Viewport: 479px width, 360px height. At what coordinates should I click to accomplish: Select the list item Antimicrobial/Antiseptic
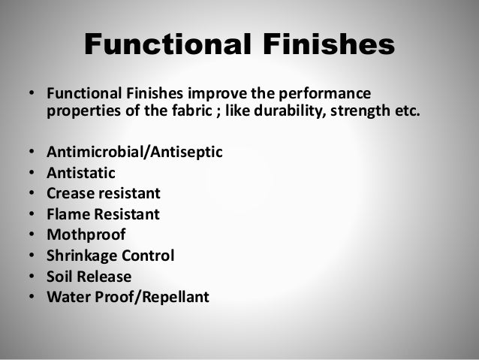[x=134, y=153]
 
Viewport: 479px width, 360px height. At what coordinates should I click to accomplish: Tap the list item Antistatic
[x=80, y=174]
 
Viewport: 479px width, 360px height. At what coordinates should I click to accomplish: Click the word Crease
[x=71, y=194]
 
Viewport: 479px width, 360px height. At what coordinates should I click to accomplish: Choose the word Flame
[x=69, y=214]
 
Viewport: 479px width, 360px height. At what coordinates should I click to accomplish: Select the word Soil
[x=60, y=276]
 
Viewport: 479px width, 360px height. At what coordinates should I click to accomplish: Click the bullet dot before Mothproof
[x=32, y=235]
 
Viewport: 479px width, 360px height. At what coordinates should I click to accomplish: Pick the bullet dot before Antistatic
[x=32, y=174]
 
